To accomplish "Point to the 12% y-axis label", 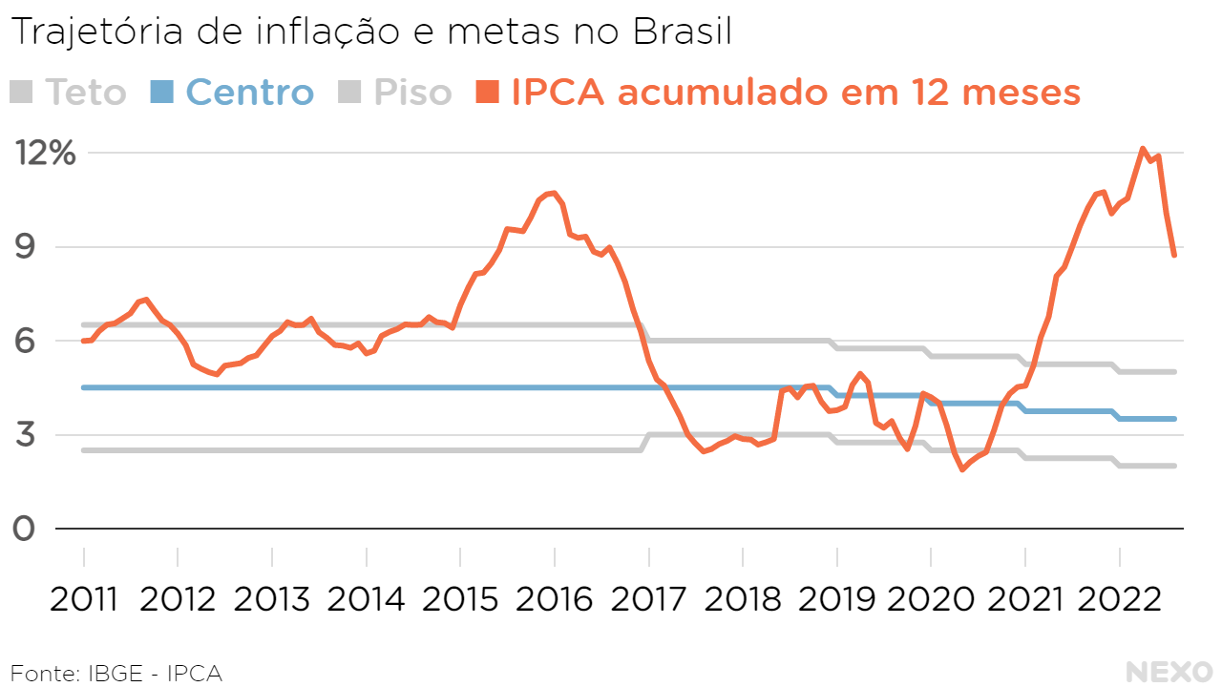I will coord(43,153).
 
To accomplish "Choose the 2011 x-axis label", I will coord(84,599).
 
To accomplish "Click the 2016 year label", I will coord(555,599).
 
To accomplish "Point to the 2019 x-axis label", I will coord(837,599).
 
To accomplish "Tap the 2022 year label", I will coord(1120,599).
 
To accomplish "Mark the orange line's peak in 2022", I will coord(1143,149).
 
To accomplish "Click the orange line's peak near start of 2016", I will coord(554,193).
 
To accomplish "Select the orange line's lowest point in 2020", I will coord(962,469).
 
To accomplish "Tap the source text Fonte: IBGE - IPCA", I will coord(116,673).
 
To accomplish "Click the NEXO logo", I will coord(1169,672).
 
